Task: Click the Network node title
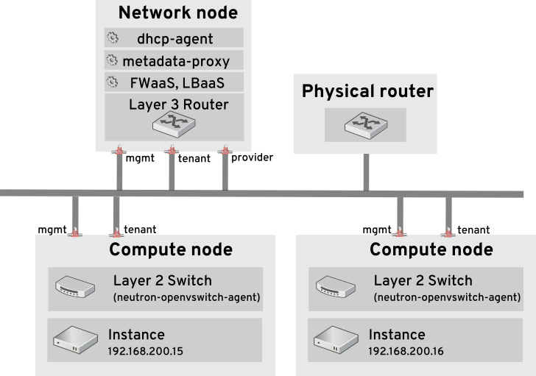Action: [177, 13]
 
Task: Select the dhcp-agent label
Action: [174, 39]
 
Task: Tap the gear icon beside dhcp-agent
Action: [113, 38]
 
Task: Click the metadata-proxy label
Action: [176, 61]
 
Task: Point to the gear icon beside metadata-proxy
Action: [113, 60]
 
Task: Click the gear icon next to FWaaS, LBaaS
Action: [113, 82]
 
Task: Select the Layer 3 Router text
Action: [178, 104]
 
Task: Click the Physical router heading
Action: [367, 92]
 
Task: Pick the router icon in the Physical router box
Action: [365, 125]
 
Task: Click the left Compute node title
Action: [171, 250]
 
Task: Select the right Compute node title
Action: [431, 250]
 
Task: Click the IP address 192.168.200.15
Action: [145, 352]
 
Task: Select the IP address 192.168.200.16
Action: [406, 352]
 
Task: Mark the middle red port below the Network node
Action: [172, 150]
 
